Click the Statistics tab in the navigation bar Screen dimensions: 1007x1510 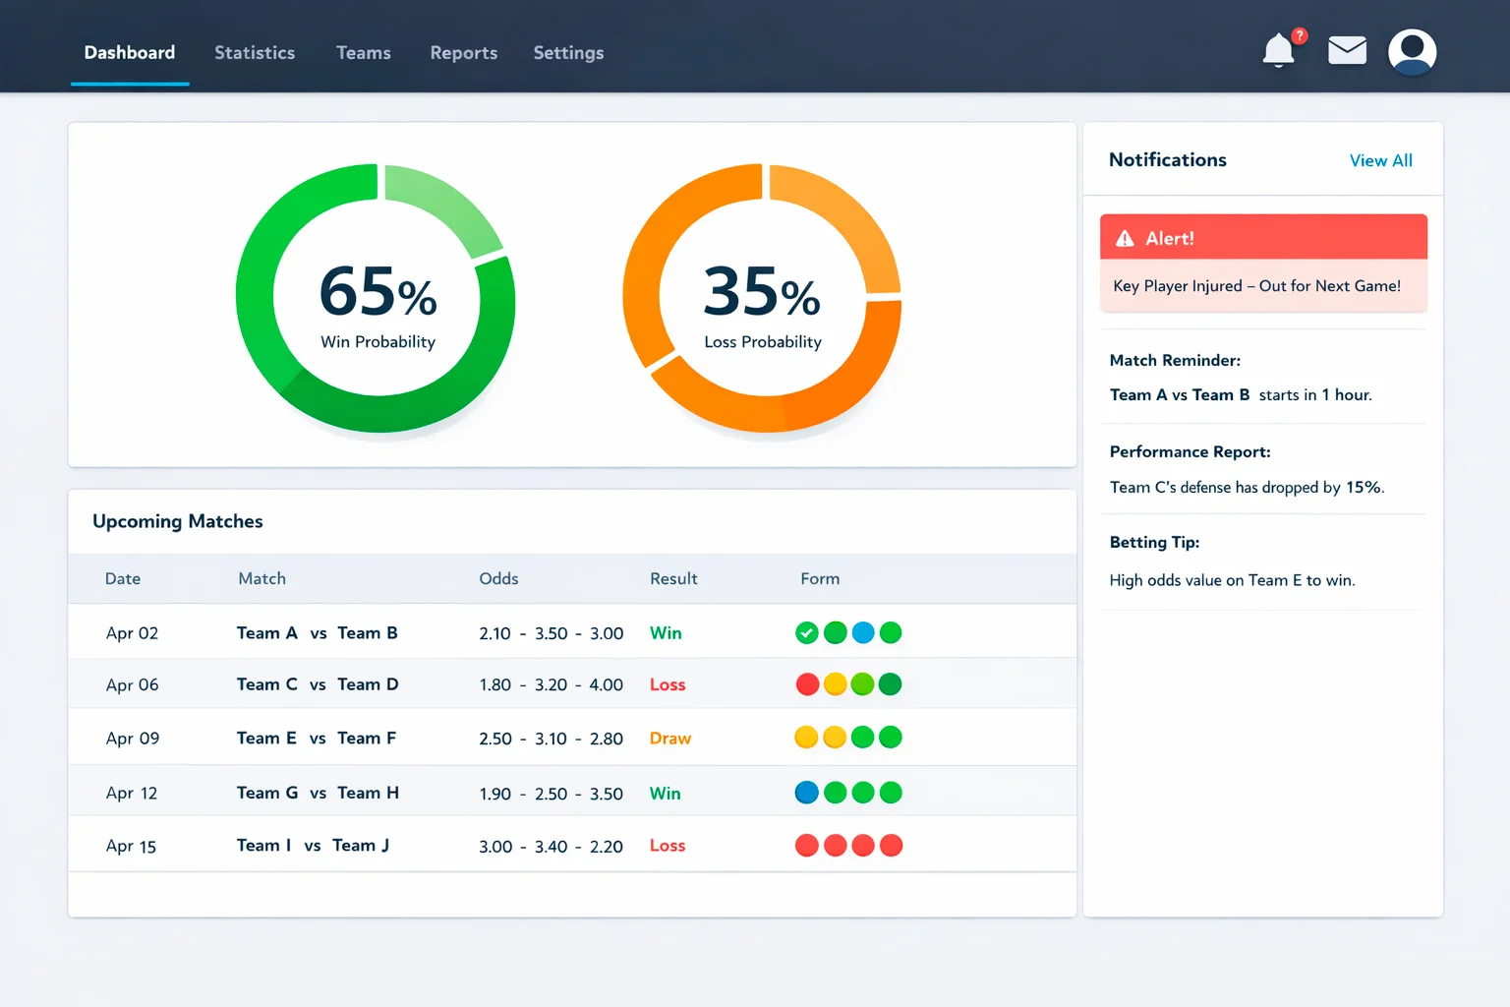click(255, 53)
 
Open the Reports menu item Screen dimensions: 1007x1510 click(463, 53)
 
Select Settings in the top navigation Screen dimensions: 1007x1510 click(568, 53)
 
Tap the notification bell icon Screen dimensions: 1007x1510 click(1278, 50)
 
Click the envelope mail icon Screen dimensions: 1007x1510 click(1347, 50)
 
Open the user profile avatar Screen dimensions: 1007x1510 click(1412, 51)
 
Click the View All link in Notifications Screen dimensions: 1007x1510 click(1380, 160)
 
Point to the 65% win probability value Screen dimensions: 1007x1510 click(377, 292)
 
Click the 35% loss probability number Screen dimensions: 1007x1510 click(762, 292)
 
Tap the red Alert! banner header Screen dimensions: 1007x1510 click(1262, 238)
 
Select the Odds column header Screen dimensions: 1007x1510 click(498, 579)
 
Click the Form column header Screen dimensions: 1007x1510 click(820, 579)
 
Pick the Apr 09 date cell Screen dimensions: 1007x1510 click(133, 739)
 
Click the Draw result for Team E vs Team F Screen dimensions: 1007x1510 click(670, 739)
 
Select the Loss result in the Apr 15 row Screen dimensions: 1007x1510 click(668, 846)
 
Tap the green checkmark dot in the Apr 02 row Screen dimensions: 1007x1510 click(807, 633)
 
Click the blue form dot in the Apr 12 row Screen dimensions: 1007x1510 click(807, 793)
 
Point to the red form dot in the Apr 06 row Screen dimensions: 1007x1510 click(807, 684)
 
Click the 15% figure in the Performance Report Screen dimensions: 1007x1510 click(1364, 488)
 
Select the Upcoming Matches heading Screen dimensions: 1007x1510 click(178, 521)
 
